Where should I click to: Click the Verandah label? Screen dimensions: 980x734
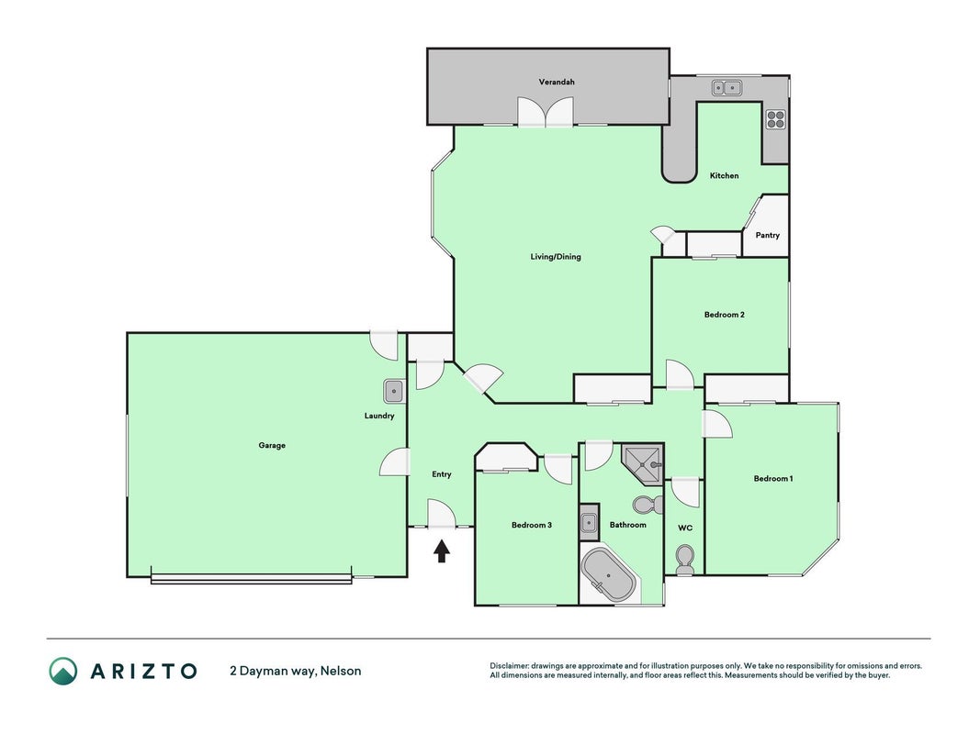(557, 82)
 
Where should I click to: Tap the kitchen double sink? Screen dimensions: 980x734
(727, 88)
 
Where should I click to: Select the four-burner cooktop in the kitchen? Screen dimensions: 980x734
(775, 119)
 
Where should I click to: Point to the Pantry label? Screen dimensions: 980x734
(768, 235)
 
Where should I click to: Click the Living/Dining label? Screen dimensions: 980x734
(556, 257)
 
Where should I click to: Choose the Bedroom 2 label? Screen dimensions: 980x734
(725, 315)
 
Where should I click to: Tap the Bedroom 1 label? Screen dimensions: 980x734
(773, 479)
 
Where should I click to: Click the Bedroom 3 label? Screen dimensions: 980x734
(531, 525)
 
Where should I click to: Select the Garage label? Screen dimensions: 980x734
(272, 445)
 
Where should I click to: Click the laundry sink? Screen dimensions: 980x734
(394, 392)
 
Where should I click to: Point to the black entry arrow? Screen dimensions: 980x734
(442, 551)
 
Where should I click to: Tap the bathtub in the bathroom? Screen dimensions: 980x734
(608, 575)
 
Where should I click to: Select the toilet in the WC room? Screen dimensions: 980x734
(685, 560)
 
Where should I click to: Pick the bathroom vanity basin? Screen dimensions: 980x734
(589, 522)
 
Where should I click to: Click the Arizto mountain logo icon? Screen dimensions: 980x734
(63, 671)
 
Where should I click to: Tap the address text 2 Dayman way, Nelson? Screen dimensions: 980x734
(296, 671)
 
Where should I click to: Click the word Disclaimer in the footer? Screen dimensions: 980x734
(509, 666)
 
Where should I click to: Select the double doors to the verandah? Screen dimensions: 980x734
(545, 112)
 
